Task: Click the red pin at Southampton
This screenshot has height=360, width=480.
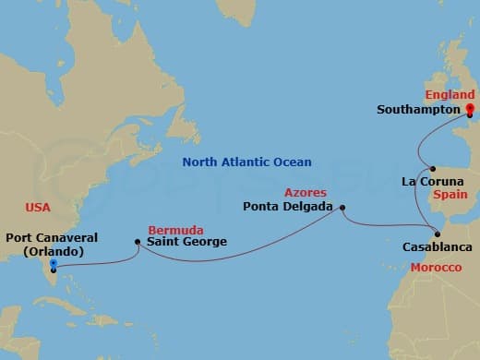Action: pyautogui.click(x=469, y=111)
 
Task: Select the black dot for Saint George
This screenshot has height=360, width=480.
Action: pyautogui.click(x=138, y=243)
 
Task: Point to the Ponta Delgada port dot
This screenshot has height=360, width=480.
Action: pyautogui.click(x=342, y=207)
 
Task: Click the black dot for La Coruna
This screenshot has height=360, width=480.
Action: pyautogui.click(x=433, y=168)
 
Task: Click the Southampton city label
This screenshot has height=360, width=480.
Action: pyautogui.click(x=418, y=109)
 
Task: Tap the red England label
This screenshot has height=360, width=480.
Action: pyautogui.click(x=450, y=94)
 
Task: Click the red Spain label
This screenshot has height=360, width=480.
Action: pyautogui.click(x=451, y=196)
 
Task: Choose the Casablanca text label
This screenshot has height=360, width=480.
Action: pyautogui.click(x=438, y=247)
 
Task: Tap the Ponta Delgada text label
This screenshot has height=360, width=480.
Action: pyautogui.click(x=289, y=207)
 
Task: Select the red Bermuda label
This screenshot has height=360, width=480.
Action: pyautogui.click(x=176, y=229)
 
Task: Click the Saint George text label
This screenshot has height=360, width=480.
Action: pyautogui.click(x=187, y=243)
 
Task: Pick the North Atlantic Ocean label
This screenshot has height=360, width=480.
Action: pyautogui.click(x=246, y=162)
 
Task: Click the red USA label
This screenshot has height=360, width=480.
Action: pyautogui.click(x=38, y=208)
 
